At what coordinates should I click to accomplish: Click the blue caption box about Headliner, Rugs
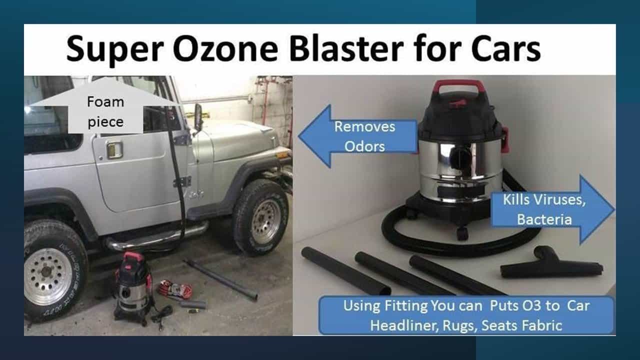point(466,315)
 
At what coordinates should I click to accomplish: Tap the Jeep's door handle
point(114,149)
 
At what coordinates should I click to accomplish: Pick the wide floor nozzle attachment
point(550,264)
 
